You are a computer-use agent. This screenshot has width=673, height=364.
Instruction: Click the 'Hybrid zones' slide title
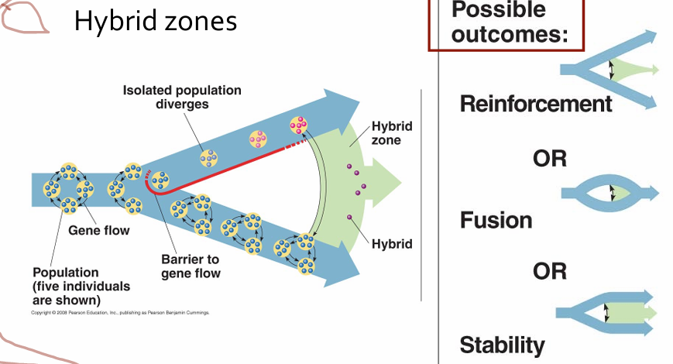pyautogui.click(x=156, y=21)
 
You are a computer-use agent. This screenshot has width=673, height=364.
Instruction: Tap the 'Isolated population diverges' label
pyautogui.click(x=182, y=97)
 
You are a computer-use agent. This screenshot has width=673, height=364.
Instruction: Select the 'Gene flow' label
pyautogui.click(x=98, y=231)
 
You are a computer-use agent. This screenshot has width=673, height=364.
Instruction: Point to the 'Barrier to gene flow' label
pyautogui.click(x=191, y=266)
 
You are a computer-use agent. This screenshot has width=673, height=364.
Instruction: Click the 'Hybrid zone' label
pyautogui.click(x=391, y=133)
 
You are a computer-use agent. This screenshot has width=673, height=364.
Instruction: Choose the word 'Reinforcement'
pyautogui.click(x=536, y=104)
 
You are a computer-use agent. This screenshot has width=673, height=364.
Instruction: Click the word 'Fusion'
pyautogui.click(x=496, y=220)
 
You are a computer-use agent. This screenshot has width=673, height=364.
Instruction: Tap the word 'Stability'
pyautogui.click(x=502, y=345)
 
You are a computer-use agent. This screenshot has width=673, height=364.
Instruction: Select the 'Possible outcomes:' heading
pyautogui.click(x=510, y=22)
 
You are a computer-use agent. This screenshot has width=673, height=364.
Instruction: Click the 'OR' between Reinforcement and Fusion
pyautogui.click(x=549, y=159)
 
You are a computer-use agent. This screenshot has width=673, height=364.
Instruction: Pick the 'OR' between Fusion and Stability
pyautogui.click(x=549, y=271)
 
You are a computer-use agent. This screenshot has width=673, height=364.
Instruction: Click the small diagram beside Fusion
pyautogui.click(x=609, y=193)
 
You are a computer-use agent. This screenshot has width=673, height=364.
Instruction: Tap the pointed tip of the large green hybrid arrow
pyautogui.click(x=401, y=183)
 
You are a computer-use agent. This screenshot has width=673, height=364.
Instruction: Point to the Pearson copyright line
pyautogui.click(x=120, y=312)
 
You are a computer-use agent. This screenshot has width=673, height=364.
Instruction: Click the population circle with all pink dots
pyautogui.click(x=299, y=125)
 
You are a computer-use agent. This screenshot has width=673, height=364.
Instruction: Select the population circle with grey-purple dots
pyautogui.click(x=208, y=159)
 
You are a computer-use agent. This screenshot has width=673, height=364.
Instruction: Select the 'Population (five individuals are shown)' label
pyautogui.click(x=81, y=287)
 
